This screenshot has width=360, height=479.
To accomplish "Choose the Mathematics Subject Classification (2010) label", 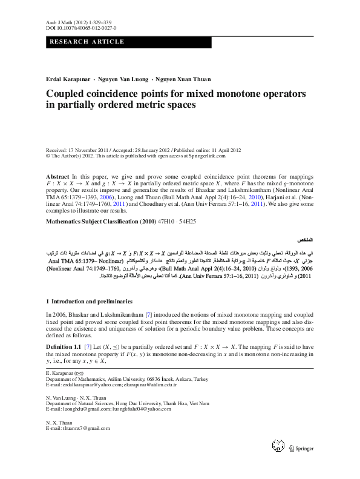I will click(x=102, y=222).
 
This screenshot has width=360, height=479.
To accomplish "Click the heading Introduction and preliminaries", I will click(x=93, y=301).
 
